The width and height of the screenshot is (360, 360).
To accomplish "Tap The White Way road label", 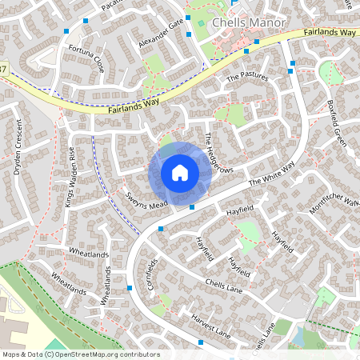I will [271, 172].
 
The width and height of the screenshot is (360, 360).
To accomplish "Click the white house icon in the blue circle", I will [179, 173].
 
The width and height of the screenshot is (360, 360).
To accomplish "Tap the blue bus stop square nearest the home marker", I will [191, 206].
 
